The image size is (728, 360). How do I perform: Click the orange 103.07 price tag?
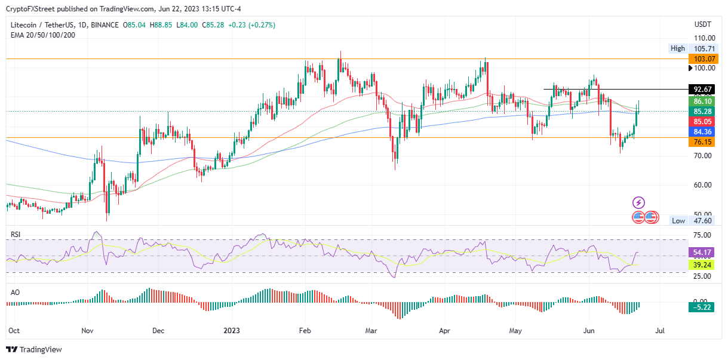point(704,59)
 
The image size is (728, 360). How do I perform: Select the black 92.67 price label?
point(704,90)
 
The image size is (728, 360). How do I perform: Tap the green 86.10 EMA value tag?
point(704,101)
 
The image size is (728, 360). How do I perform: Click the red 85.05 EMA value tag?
point(704,121)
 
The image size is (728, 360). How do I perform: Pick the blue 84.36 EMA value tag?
point(704,131)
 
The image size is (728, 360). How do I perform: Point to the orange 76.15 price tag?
point(704,142)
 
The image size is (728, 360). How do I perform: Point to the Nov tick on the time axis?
point(87,330)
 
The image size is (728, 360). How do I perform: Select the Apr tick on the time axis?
point(444,330)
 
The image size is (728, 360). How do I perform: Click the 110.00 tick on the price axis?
point(704,38)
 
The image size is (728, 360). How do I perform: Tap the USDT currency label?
point(703,24)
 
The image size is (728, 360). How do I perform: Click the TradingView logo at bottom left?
point(34,349)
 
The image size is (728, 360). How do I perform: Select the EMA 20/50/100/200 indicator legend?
point(42,35)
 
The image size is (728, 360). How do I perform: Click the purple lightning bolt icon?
point(639,203)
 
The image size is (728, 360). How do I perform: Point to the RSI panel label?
point(16,235)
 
